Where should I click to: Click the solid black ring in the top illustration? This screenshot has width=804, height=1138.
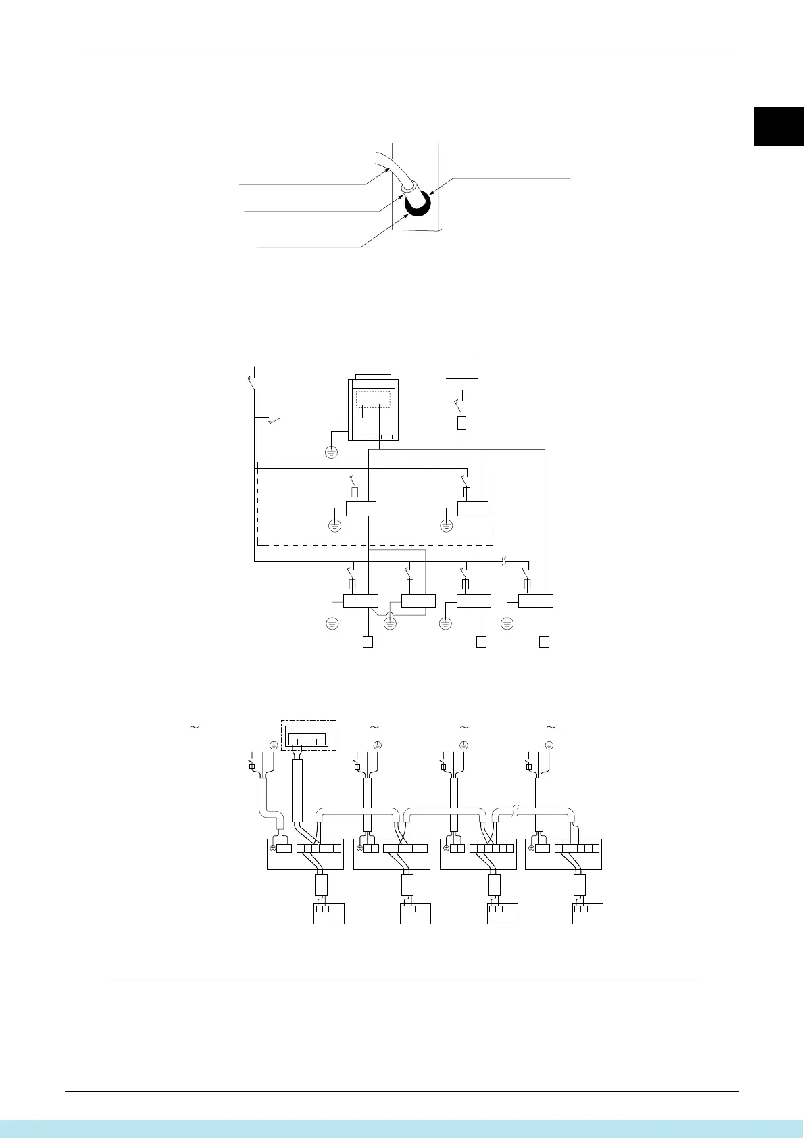pyautogui.click(x=418, y=203)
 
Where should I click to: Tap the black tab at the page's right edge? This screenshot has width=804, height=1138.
pyautogui.click(x=779, y=126)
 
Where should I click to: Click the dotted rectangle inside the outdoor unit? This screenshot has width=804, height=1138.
pyautogui.click(x=373, y=399)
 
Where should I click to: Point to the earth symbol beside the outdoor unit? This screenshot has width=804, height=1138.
pyautogui.click(x=331, y=452)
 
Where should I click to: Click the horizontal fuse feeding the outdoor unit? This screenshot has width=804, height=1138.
pyautogui.click(x=331, y=418)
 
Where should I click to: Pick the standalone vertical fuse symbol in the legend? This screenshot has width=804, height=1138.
pyautogui.click(x=462, y=423)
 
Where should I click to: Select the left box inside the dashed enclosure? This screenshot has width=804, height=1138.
pyautogui.click(x=361, y=508)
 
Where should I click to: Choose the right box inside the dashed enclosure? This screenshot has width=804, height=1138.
pyautogui.click(x=472, y=508)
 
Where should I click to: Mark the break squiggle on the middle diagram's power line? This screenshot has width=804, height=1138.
pyautogui.click(x=504, y=561)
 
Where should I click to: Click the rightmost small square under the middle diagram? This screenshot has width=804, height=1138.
pyautogui.click(x=544, y=642)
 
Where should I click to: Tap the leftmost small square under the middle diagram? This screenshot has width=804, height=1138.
pyautogui.click(x=368, y=642)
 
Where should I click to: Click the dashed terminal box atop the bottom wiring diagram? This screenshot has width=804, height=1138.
pyautogui.click(x=307, y=735)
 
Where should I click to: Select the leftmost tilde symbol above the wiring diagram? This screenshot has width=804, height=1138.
pyautogui.click(x=194, y=728)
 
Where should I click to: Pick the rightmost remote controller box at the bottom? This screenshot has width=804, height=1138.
pyautogui.click(x=587, y=913)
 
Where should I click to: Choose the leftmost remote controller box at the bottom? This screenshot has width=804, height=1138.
pyautogui.click(x=329, y=913)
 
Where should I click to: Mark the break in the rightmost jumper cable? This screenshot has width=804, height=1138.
pyautogui.click(x=516, y=810)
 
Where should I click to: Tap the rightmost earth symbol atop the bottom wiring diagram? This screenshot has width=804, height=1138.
pyautogui.click(x=549, y=745)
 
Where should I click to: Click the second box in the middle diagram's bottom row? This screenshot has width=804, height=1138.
pyautogui.click(x=418, y=600)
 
